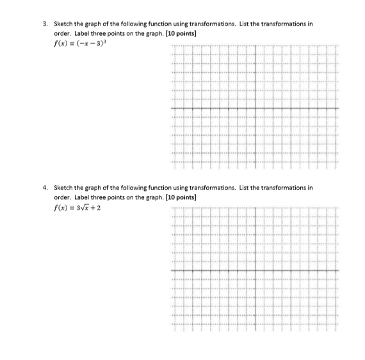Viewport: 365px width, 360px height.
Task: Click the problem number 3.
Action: [x=44, y=24]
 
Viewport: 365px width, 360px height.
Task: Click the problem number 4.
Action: [x=44, y=189]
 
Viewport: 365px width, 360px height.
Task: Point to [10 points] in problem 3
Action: [x=180, y=31]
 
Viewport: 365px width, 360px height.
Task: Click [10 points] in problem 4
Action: [x=180, y=197]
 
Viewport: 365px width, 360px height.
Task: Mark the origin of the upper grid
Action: [x=255, y=110]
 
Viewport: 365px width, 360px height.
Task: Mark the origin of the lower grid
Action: [x=255, y=271]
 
